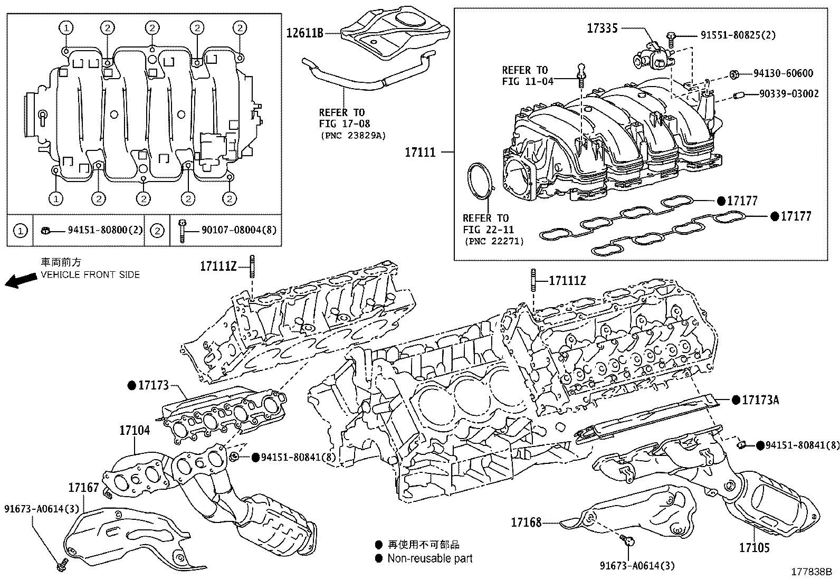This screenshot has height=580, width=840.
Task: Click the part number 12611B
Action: point(304,33)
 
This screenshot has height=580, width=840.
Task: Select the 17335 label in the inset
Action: point(602,28)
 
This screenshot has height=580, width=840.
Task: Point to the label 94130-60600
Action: point(783,73)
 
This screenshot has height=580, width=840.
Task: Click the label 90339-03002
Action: point(789,94)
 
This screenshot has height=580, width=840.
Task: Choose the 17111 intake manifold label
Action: point(420,153)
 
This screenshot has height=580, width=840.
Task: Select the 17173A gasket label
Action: point(760,400)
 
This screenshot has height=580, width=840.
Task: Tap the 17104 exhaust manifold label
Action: point(134,430)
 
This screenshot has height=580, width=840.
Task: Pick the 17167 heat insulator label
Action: point(83,487)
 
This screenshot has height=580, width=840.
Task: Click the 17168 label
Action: point(526,523)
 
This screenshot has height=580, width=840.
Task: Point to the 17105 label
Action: point(754,548)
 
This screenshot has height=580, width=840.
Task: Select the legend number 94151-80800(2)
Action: point(106,230)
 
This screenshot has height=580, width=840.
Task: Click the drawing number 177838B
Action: point(810,572)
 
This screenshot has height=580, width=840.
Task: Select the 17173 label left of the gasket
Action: point(153,385)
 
